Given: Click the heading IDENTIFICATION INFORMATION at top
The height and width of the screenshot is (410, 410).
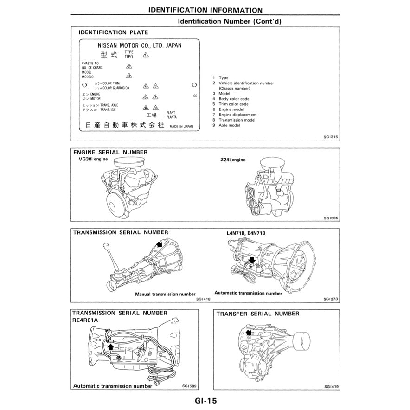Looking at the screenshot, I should tap(205, 10).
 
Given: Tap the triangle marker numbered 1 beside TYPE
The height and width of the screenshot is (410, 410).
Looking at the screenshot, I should tap(146, 54).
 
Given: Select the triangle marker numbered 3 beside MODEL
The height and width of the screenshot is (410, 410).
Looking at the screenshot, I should tap(129, 75).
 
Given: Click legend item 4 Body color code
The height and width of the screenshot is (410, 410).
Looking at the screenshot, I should tap(233, 99).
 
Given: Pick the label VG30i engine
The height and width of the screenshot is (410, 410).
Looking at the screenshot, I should tap(93, 159).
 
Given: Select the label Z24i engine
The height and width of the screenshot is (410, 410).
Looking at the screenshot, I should tap(233, 160).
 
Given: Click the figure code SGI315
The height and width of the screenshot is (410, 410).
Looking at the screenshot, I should tap(331, 137).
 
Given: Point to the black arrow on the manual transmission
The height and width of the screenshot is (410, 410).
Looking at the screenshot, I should tap(159, 244).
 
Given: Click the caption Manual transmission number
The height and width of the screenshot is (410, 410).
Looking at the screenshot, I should tap(165, 294).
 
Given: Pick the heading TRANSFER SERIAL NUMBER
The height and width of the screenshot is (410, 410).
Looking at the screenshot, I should tap(258, 314).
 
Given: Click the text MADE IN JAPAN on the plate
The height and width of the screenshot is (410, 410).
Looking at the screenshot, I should tap(181, 126).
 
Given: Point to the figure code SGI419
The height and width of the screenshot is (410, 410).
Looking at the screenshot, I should tap(331, 386).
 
